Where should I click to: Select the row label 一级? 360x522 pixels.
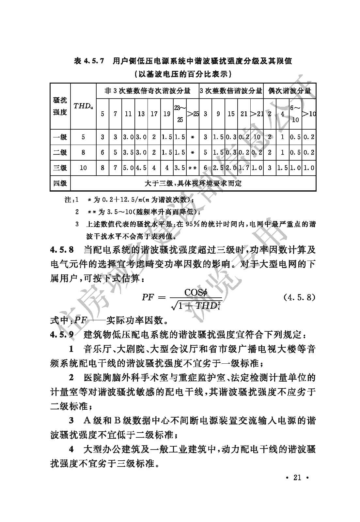(x=60, y=137)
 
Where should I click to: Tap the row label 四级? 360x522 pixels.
(x=60, y=183)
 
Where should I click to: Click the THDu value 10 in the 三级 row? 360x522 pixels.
(x=83, y=168)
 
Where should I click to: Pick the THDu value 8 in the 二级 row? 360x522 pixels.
(x=83, y=152)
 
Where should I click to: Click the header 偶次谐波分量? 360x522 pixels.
(x=290, y=91)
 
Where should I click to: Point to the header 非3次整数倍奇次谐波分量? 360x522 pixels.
(x=147, y=91)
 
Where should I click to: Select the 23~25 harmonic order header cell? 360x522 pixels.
(x=180, y=113)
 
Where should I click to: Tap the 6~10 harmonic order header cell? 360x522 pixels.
(x=295, y=113)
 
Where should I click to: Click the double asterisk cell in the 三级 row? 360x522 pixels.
(x=193, y=168)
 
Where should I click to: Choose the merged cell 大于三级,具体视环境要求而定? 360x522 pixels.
(x=193, y=183)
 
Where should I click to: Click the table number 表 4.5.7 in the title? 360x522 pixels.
(x=89, y=61)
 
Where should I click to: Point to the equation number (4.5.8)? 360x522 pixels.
(x=299, y=297)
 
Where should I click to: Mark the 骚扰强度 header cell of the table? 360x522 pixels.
(x=60, y=106)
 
